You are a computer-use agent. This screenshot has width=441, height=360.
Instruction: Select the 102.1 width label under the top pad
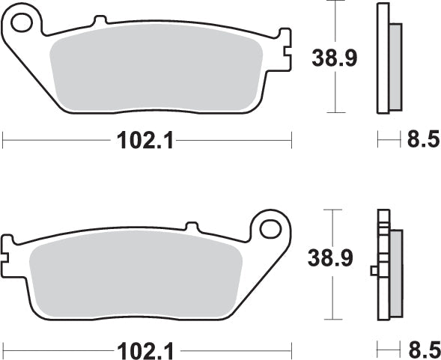click(144, 140)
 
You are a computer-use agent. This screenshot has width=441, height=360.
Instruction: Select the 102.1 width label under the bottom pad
click(144, 349)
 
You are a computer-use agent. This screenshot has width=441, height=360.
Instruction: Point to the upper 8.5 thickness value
click(422, 140)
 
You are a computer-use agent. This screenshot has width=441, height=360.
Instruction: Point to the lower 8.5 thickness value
click(422, 349)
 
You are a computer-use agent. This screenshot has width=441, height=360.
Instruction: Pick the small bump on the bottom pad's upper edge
click(191, 225)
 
